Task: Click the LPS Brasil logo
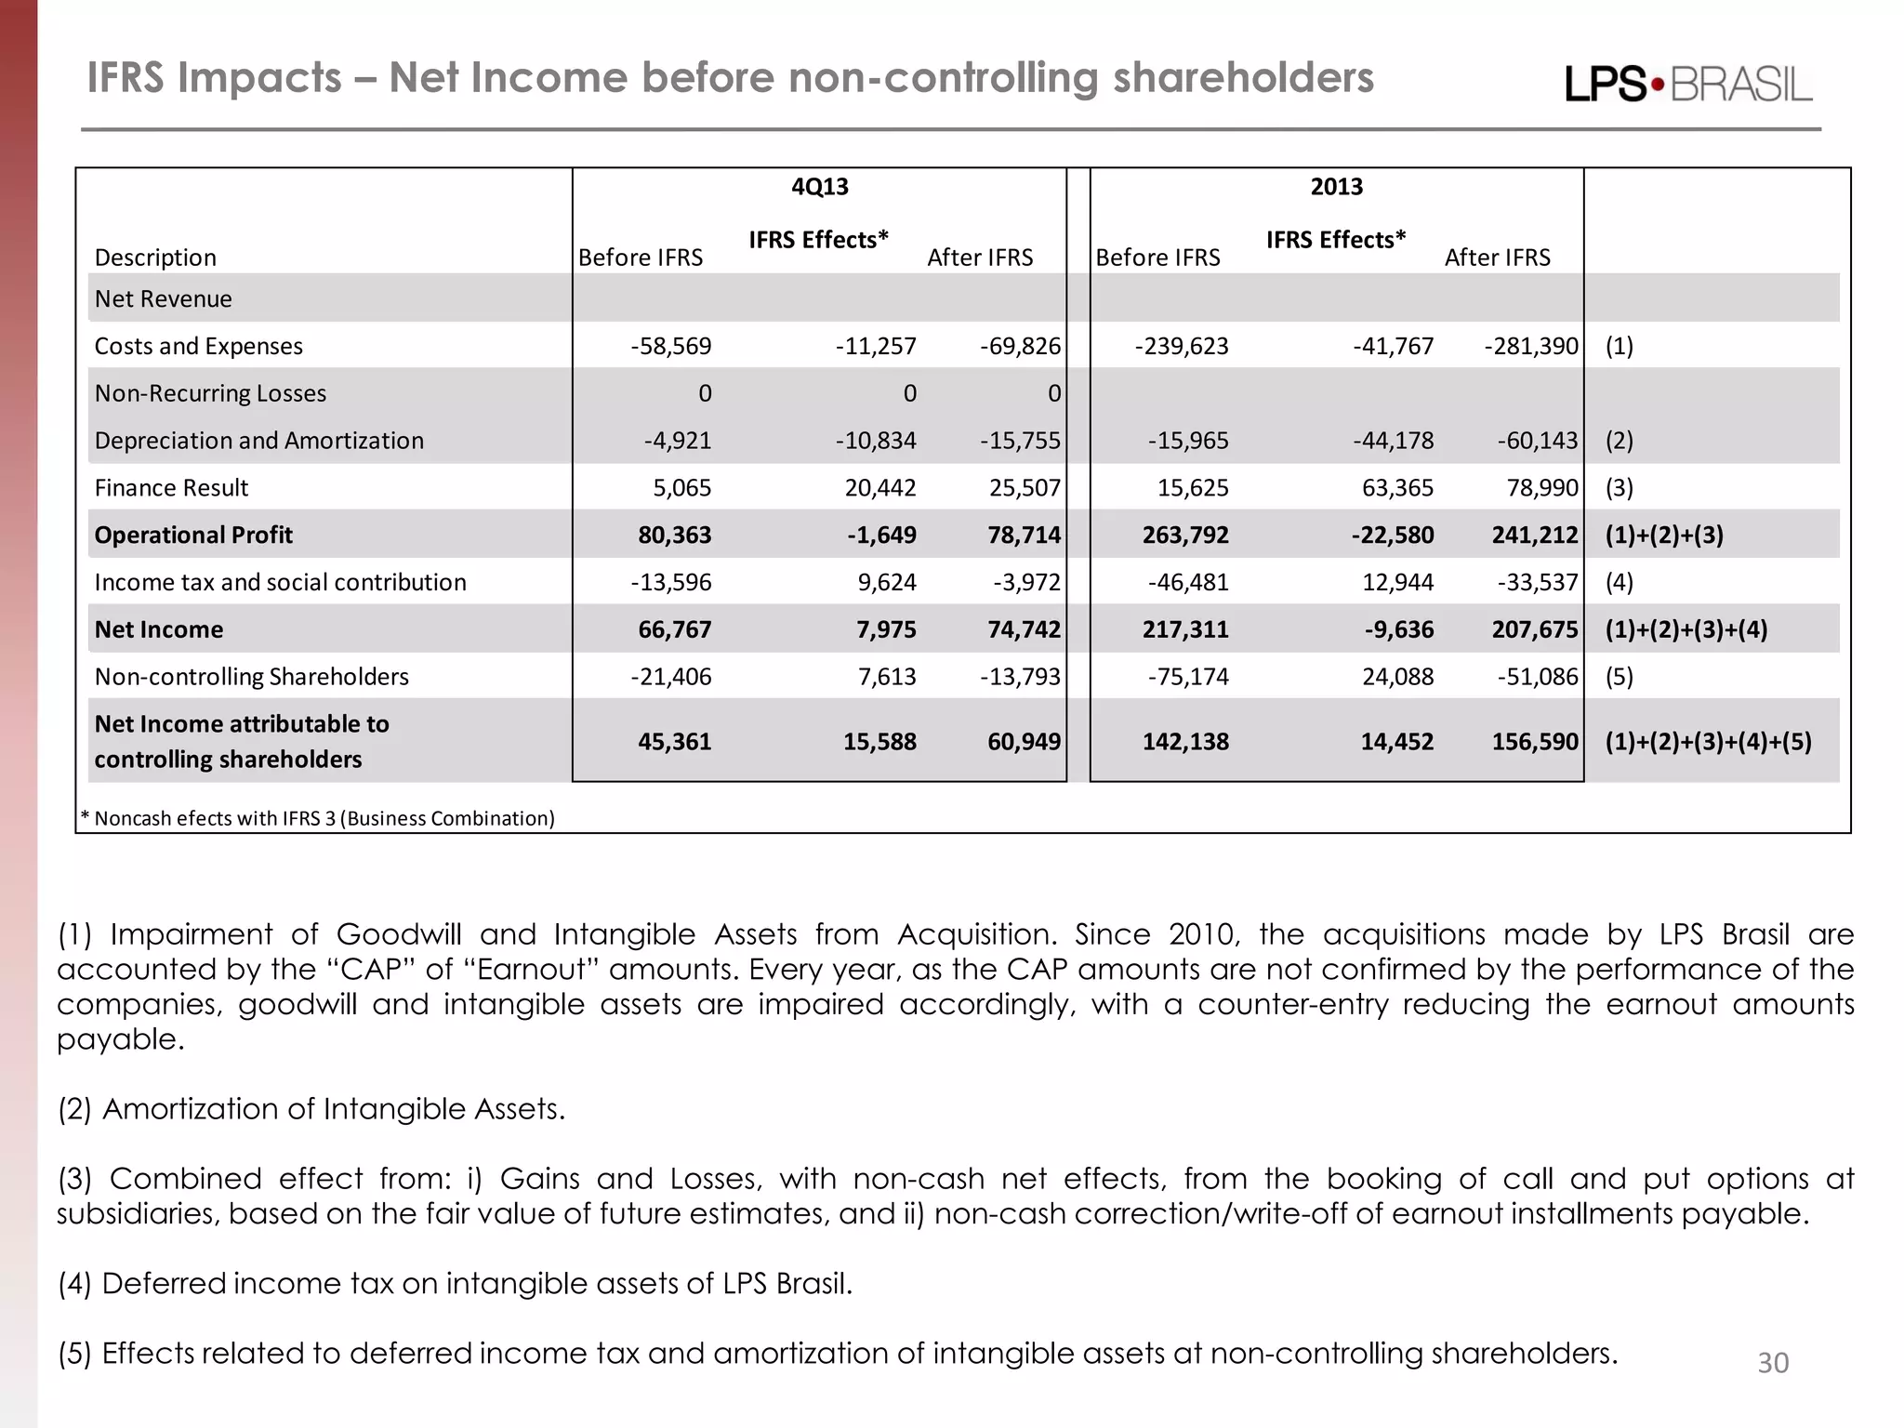pos(1688,85)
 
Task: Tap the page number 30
pos(1772,1363)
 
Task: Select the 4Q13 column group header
pos(819,187)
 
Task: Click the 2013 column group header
pos(1336,187)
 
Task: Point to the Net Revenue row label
pos(164,299)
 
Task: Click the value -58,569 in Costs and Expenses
pos(671,347)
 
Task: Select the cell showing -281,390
pos(1530,347)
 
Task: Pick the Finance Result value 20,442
pos(879,488)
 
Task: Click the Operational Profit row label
pos(193,535)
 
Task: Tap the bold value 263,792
pos(1185,535)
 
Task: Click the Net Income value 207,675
pos(1534,630)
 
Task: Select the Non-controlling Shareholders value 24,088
pos(1397,678)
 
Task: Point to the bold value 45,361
pos(674,742)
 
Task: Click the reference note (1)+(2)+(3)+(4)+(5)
pos(1708,742)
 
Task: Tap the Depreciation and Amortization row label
pos(259,441)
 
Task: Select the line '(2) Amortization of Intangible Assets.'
pos(311,1109)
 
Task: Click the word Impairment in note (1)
pos(191,934)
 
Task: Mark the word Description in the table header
pos(155,258)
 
